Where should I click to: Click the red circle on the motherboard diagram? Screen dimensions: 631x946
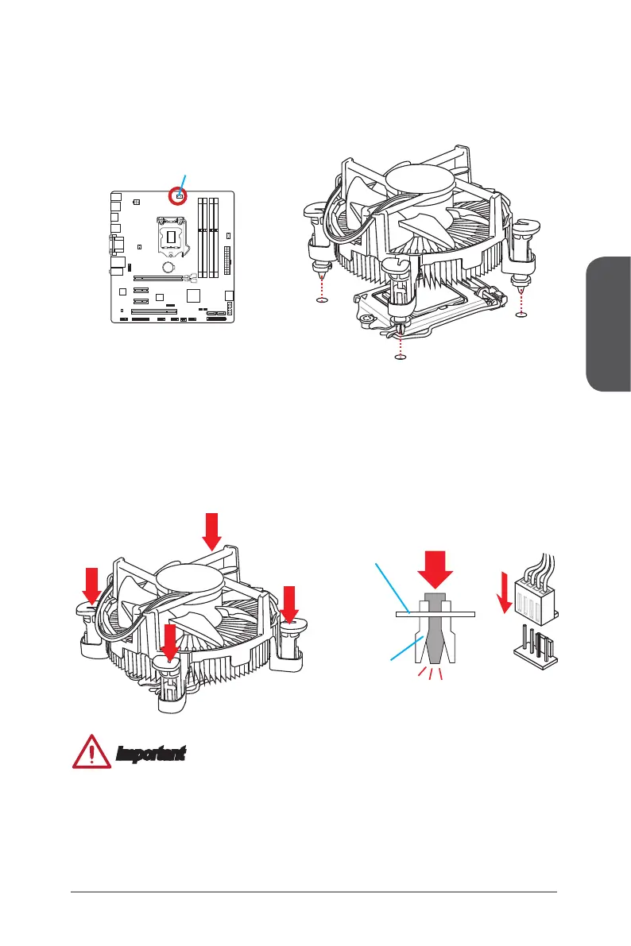tap(179, 195)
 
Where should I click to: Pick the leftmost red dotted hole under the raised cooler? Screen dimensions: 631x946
tap(321, 300)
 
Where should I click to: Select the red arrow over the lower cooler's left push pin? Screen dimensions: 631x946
tap(92, 585)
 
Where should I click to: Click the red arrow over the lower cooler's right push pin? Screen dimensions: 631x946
tap(289, 604)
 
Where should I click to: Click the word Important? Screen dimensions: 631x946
tap(150, 752)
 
